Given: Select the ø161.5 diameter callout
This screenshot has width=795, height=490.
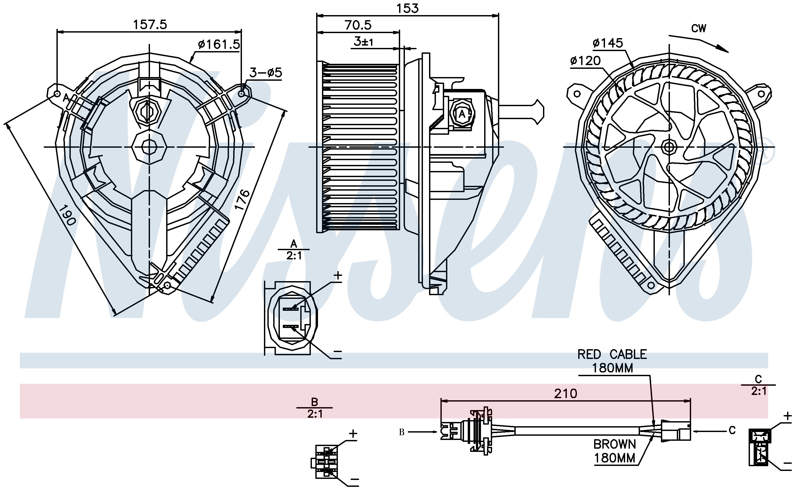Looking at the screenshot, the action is [219, 44].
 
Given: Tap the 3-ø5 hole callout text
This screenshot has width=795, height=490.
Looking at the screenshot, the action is [266, 73].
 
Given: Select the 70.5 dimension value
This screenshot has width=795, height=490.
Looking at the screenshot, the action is [358, 25].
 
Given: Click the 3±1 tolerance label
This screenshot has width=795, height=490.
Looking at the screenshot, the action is [363, 42].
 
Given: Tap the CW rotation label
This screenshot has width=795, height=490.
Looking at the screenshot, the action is [699, 29].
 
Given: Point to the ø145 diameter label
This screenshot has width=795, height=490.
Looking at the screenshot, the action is [608, 43].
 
